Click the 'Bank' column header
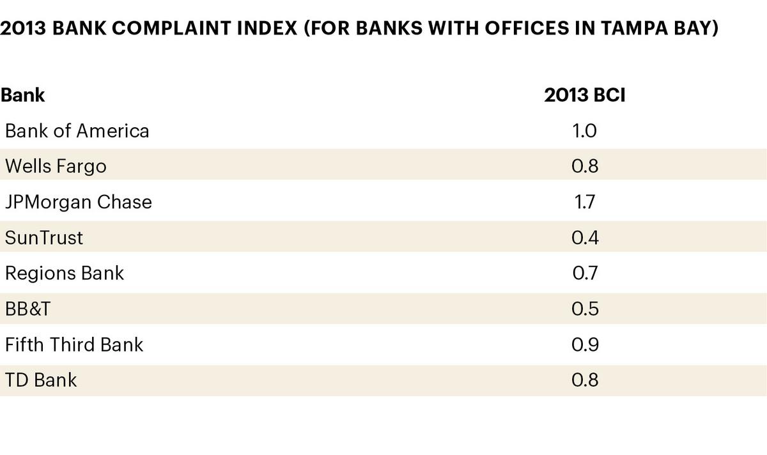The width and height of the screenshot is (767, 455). coord(23,95)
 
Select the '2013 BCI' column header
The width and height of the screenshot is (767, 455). coord(584,95)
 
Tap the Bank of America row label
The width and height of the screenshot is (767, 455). coord(77,131)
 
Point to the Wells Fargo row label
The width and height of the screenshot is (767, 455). coord(56,166)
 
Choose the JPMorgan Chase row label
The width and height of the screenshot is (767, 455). coord(79,202)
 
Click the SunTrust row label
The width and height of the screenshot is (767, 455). coord(44,238)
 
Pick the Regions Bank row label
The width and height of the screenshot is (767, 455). coord(65,274)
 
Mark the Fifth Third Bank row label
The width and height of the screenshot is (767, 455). coord(74,345)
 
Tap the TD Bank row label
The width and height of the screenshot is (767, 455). coord(41,380)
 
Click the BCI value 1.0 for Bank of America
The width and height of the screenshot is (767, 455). coord(584,131)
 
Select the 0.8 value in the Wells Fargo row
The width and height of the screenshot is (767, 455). coord(584,166)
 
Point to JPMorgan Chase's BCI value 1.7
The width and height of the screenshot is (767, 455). coord(584,202)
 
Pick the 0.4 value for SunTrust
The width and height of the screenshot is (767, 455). coord(584,238)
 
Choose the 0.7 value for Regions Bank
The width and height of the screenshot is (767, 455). coord(584,274)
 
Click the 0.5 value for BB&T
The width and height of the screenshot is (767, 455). coord(584,309)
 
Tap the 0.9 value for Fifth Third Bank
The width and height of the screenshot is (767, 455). coord(584,345)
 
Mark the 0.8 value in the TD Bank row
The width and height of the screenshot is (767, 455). coord(584,380)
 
